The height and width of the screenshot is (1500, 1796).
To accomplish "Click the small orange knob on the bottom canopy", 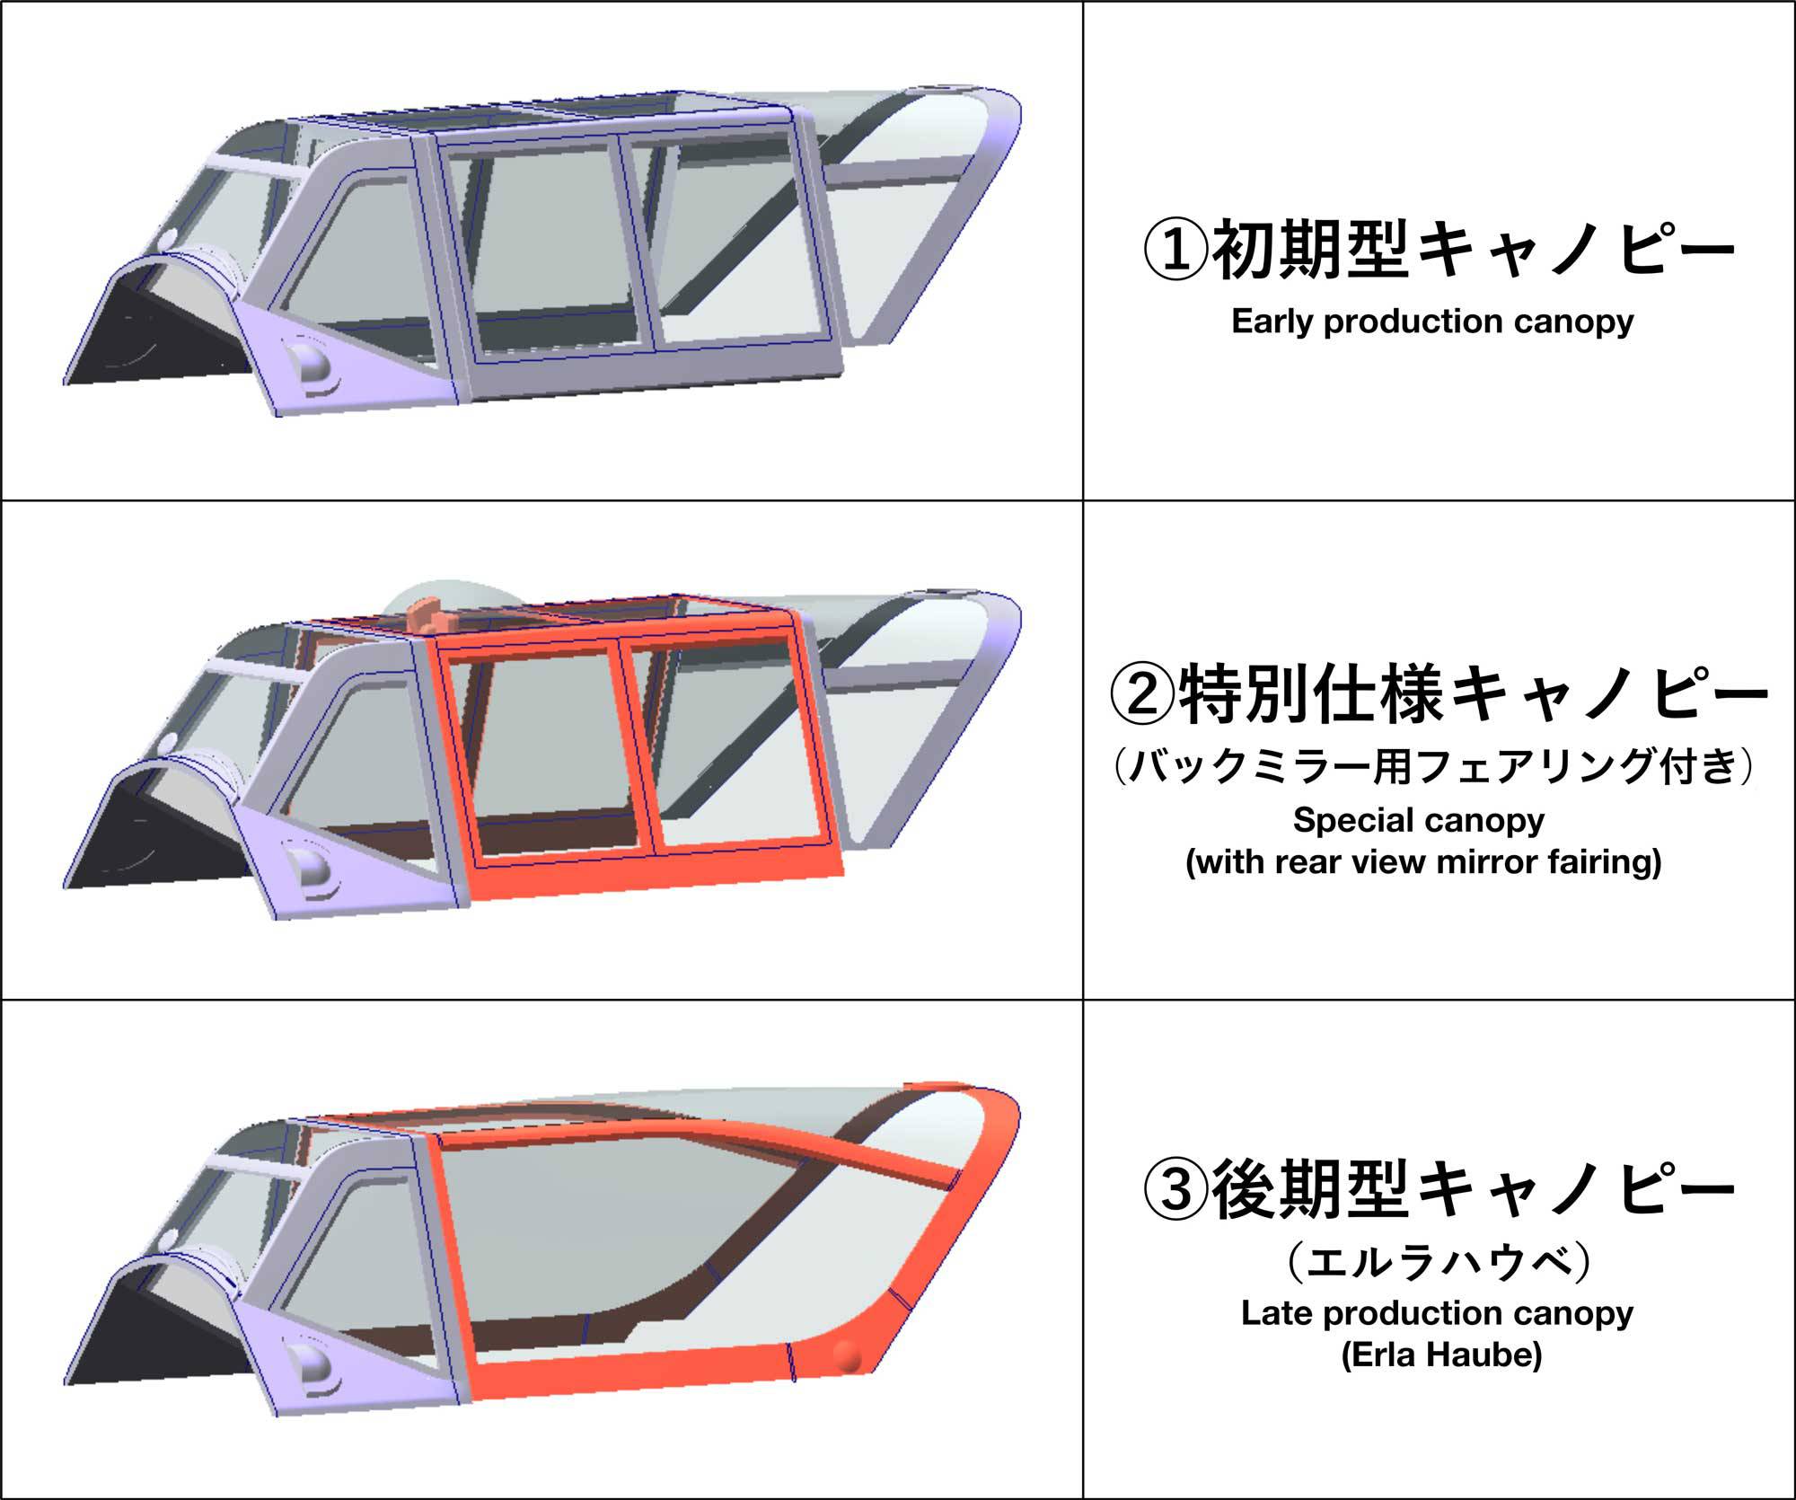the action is click(x=847, y=1356).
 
